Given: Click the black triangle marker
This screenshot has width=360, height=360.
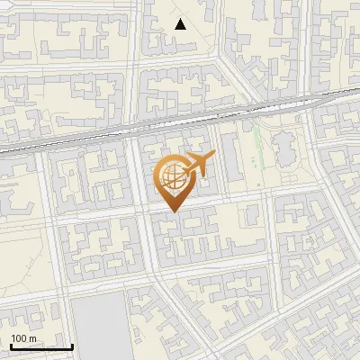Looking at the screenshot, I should [x=181, y=24].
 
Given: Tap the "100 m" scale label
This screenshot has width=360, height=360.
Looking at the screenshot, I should [x=23, y=338].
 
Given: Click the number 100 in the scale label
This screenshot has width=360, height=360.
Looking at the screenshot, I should [x=19, y=338].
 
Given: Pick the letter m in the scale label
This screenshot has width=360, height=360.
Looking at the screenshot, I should [x=32, y=338].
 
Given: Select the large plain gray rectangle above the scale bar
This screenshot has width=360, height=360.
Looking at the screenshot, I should [x=100, y=324].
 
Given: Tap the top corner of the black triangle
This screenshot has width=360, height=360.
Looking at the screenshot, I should [x=181, y=19].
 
